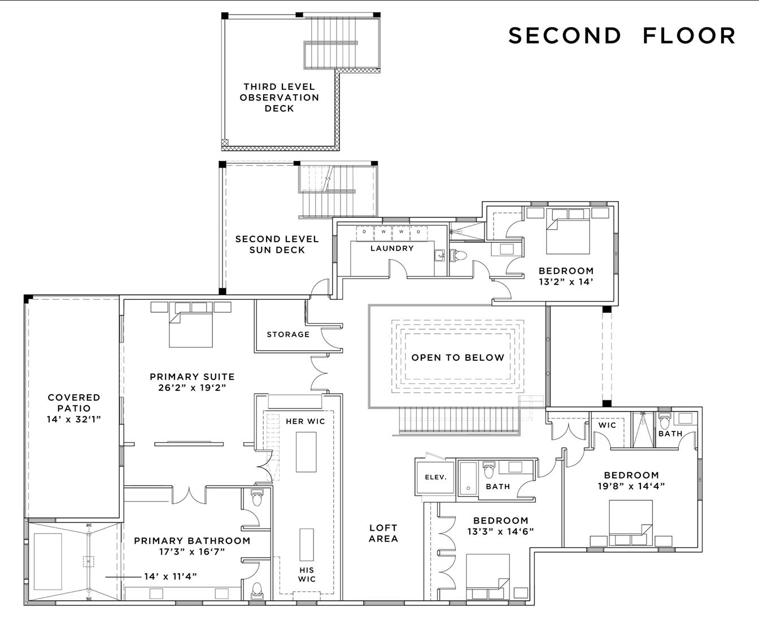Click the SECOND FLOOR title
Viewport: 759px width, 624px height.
point(622,36)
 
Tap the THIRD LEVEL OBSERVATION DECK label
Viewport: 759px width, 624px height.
point(280,98)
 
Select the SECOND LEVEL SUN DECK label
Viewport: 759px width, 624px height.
point(277,245)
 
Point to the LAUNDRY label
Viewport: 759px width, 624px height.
point(392,248)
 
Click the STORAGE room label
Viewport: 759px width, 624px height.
point(288,334)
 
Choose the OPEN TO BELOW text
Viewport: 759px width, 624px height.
point(458,357)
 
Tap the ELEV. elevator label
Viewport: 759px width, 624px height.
point(436,477)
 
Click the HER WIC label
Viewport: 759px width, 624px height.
point(305,421)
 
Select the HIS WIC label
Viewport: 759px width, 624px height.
point(307,574)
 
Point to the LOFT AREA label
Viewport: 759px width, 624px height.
point(383,533)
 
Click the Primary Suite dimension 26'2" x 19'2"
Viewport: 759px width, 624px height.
point(192,387)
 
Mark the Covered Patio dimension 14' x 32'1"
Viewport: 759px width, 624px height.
point(74,419)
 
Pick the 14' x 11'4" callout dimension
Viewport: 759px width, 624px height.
point(171,577)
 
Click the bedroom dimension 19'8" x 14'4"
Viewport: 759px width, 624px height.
point(631,486)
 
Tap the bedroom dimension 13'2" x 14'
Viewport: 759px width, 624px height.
point(566,282)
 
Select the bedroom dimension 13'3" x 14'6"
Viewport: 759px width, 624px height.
point(500,531)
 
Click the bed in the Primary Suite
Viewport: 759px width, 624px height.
point(191,330)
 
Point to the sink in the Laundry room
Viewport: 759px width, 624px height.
point(440,255)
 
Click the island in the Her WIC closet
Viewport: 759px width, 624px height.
point(306,452)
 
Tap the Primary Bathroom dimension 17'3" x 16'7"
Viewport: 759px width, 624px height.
point(192,552)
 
